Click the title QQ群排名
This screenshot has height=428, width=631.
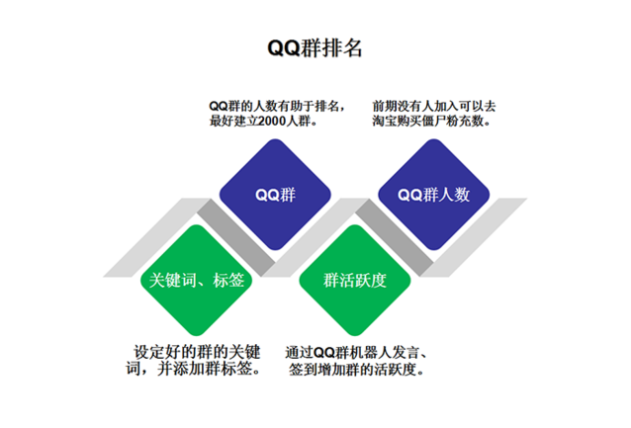tap(315, 47)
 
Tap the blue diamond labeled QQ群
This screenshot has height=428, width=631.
tap(275, 195)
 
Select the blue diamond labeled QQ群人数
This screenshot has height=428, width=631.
tap(434, 195)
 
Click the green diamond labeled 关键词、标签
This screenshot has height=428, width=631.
tap(197, 280)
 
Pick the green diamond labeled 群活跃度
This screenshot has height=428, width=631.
tap(355, 280)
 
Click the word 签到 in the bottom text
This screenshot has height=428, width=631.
tap(303, 370)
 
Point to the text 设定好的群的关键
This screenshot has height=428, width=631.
tap(197, 352)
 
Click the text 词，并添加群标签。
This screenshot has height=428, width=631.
tap(194, 369)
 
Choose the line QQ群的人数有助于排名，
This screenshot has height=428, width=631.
tap(277, 106)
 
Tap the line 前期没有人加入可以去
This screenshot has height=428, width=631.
tap(434, 106)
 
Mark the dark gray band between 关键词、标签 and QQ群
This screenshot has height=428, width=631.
tap(235, 237)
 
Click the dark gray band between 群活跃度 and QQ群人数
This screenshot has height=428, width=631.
tap(395, 237)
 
